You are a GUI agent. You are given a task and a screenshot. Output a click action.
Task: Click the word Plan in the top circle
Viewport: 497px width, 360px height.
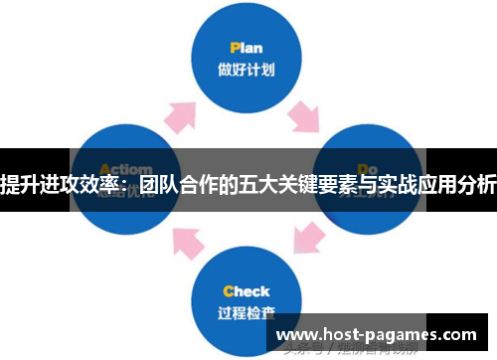click(x=246, y=47)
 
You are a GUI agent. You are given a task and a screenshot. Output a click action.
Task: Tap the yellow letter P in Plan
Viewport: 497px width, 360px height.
click(x=234, y=47)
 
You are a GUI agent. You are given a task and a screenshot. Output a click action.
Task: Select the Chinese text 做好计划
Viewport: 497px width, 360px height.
click(x=247, y=70)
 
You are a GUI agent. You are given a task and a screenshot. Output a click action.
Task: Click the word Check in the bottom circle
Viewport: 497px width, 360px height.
click(x=246, y=291)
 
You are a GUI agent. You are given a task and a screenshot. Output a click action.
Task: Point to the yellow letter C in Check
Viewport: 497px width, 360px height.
click(x=228, y=291)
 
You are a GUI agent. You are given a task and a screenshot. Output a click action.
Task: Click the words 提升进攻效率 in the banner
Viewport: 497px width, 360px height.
click(x=61, y=184)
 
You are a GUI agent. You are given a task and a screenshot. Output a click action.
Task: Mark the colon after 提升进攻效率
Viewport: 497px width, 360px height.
click(x=127, y=186)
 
